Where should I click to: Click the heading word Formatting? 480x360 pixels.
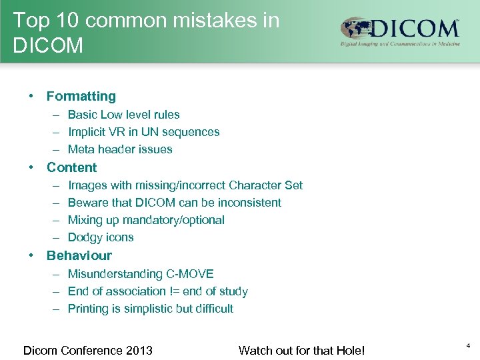[81, 97]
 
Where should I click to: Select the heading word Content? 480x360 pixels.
[71, 168]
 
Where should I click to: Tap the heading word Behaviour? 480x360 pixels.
[79, 256]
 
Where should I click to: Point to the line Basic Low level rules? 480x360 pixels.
[123, 115]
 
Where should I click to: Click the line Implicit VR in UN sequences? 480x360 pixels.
[143, 132]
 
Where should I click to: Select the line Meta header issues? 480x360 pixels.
[120, 149]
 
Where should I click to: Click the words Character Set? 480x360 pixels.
[265, 185]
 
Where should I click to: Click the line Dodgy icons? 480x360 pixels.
[101, 237]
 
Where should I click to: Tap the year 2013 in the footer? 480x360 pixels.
[139, 350]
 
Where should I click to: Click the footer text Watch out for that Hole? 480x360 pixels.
[301, 350]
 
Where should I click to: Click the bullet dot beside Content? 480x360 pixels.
[31, 168]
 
